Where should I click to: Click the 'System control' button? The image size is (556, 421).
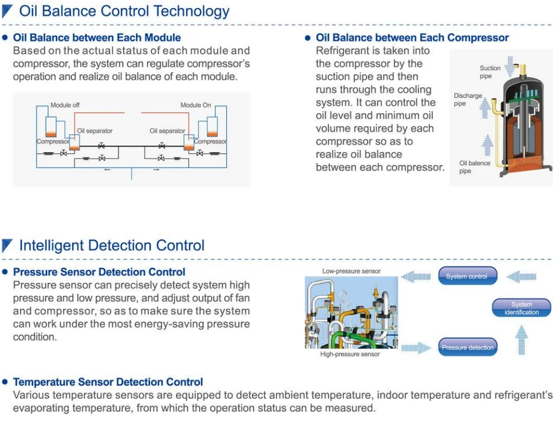click(x=467, y=276)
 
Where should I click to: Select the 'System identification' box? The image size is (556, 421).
click(x=521, y=308)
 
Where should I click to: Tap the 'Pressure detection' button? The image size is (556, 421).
click(x=467, y=347)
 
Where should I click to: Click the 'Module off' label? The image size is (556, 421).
click(x=65, y=105)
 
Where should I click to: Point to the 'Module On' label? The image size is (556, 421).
click(x=195, y=105)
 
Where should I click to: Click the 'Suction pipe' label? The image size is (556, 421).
click(x=490, y=72)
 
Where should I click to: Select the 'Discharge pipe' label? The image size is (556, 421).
click(x=467, y=100)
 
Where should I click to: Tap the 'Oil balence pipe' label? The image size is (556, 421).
click(x=474, y=167)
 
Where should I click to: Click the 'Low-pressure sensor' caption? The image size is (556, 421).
click(x=351, y=271)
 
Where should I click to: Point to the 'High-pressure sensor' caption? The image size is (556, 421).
click(x=350, y=354)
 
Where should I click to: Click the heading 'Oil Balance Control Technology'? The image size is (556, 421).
click(x=124, y=11)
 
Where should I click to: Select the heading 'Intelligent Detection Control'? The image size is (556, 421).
click(x=112, y=246)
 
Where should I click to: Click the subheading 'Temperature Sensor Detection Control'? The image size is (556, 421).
click(x=108, y=382)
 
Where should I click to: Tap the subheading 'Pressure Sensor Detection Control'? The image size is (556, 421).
click(x=99, y=272)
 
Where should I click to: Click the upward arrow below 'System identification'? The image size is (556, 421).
click(x=521, y=340)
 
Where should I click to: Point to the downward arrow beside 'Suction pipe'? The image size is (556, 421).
click(x=510, y=66)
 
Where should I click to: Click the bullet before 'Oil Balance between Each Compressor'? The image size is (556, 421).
click(x=308, y=38)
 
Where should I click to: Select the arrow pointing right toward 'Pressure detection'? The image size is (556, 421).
click(x=416, y=348)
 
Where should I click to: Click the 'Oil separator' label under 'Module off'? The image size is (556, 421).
click(x=94, y=131)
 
